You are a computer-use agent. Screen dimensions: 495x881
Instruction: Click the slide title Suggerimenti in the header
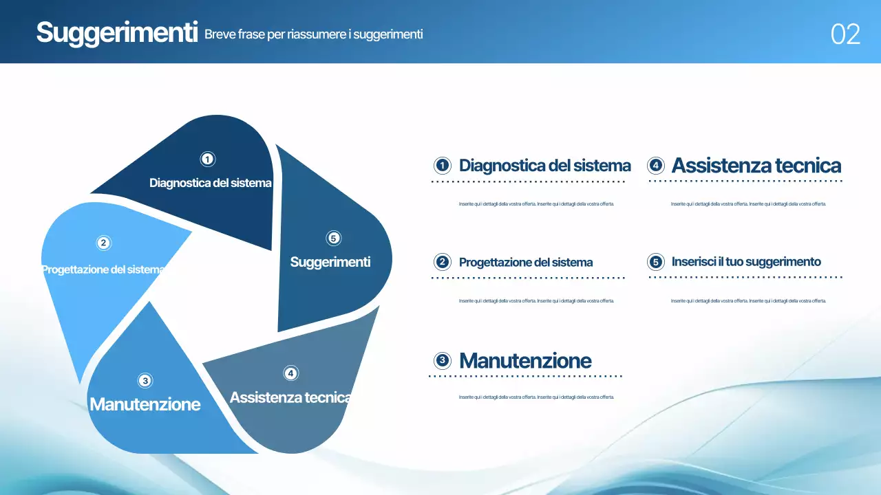[x=117, y=33]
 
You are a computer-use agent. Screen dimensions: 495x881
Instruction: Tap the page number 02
[x=845, y=34]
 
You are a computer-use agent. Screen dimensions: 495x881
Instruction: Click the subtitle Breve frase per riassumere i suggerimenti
[x=313, y=34]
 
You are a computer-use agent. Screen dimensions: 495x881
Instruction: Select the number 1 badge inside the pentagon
[x=207, y=159]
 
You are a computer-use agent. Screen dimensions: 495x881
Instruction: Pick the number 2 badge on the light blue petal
[x=103, y=243]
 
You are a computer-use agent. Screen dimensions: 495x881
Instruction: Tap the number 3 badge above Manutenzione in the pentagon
[x=145, y=380]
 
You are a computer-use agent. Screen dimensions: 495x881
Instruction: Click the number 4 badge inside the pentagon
[x=291, y=373]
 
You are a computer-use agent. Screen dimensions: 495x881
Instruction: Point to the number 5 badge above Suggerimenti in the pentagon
[x=333, y=239]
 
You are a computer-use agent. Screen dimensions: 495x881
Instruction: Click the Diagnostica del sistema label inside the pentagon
[x=210, y=184]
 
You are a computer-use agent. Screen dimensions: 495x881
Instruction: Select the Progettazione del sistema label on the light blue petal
[x=103, y=269]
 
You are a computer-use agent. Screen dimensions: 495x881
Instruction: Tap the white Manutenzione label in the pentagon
[x=145, y=404]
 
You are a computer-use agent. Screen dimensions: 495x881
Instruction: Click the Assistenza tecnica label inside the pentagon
[x=290, y=397]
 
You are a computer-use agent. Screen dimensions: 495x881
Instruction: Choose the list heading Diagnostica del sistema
[x=544, y=166]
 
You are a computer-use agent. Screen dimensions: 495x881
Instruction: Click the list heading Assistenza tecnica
[x=756, y=166]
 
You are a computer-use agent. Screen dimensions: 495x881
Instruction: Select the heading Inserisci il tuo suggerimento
[x=746, y=262]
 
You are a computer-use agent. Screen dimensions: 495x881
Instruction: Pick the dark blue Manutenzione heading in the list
[x=525, y=360]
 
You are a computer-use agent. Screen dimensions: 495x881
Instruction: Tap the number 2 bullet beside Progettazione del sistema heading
[x=443, y=262]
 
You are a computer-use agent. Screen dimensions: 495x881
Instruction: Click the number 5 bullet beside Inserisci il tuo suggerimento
[x=655, y=262]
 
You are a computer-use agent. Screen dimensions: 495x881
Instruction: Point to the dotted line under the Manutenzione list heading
[x=525, y=376]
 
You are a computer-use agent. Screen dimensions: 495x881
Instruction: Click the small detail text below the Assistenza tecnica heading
[x=747, y=204]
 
